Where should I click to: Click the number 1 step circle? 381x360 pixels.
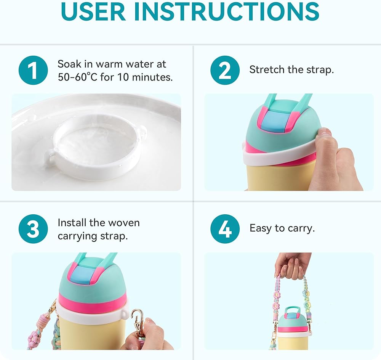[33, 70]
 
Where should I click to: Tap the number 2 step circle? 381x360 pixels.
[225, 70]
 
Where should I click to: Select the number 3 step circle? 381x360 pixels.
[33, 229]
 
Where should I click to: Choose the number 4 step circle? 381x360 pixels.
[225, 229]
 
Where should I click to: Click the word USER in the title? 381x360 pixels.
[94, 11]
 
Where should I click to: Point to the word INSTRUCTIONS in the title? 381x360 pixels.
[226, 11]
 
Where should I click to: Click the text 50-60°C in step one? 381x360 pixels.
[77, 77]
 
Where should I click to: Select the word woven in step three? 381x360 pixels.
[124, 223]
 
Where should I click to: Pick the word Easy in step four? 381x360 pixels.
[261, 228]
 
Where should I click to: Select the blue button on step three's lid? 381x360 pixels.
[82, 276]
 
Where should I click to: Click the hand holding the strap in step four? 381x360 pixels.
[292, 266]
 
